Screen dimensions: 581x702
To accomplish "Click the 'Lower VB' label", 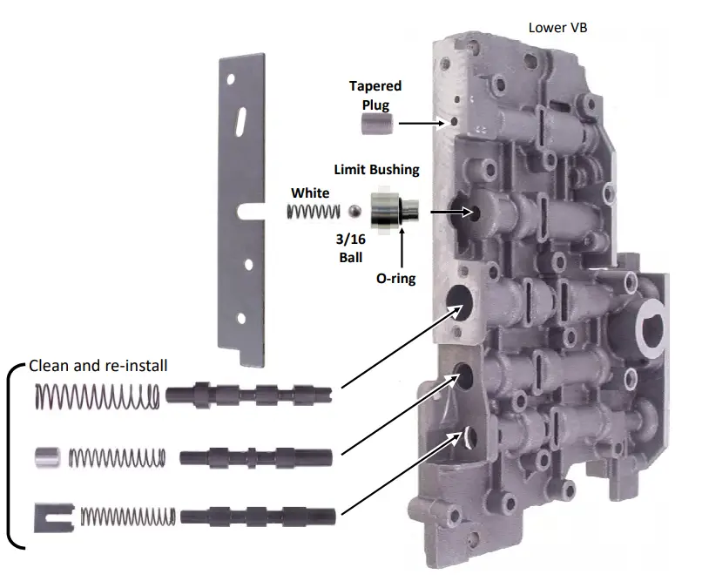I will point(557,27).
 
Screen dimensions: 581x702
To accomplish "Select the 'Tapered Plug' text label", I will point(375,94).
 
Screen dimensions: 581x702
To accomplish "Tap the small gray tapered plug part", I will point(375,125).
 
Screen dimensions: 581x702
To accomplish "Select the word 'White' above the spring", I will point(311,192).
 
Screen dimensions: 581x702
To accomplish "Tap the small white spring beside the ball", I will point(314,212).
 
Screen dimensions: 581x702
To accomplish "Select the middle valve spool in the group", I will point(256,456).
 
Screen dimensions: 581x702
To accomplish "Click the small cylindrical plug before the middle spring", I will point(46,456).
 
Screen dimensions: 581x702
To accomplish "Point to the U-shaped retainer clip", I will point(49,517).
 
